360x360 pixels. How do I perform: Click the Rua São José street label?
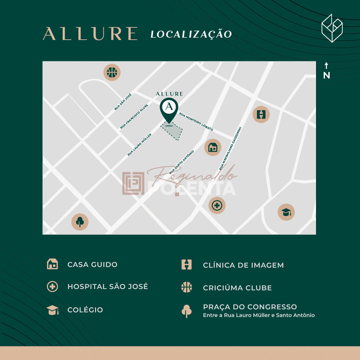pos(123,102)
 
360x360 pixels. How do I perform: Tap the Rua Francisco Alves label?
pos(134,116)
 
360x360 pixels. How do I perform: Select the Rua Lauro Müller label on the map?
pos(139,145)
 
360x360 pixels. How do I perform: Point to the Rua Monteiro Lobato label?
pos(196,121)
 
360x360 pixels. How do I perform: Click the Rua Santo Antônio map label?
pos(181,162)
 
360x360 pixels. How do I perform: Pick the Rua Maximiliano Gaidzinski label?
pos(230,148)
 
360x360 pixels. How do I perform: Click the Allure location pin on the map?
pos(169,108)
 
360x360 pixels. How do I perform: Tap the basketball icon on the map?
pos(112,72)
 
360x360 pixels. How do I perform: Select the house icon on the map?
pos(213,147)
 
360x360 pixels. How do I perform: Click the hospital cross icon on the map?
pos(217,205)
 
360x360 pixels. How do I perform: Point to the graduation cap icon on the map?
pos(286,212)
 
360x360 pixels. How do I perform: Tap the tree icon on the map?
pos(80,222)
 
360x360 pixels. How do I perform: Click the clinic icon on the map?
pos(261,114)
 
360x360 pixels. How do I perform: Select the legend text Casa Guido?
pos(92,265)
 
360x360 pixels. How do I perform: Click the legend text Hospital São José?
pos(108,287)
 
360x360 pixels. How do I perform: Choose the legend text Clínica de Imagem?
pos(243,265)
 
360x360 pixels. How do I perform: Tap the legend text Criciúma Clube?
pos(237,288)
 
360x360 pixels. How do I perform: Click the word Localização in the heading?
pos(191,34)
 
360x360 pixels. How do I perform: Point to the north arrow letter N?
pos(326,76)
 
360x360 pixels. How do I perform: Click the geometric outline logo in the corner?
pos(332,28)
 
